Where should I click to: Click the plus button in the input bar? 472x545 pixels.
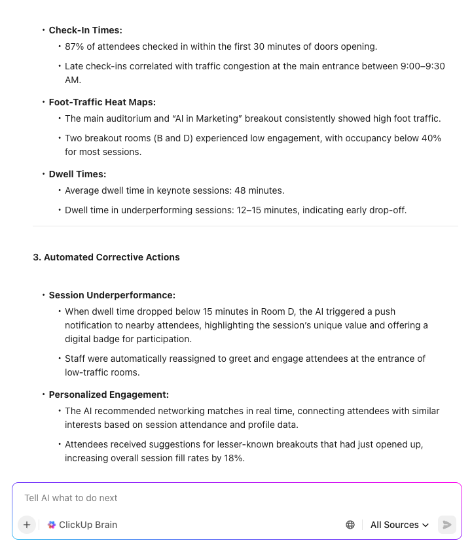[27, 525]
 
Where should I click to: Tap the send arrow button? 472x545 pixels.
[447, 525]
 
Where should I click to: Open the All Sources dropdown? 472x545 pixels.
[399, 525]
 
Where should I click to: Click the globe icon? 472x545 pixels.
[350, 525]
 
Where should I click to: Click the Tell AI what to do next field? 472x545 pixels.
[196, 498]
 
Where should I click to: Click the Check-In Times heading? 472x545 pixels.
[85, 30]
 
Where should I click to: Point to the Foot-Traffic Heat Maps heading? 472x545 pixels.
[102, 102]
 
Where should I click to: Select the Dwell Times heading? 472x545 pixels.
[77, 174]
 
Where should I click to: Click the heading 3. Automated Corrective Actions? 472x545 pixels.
[106, 257]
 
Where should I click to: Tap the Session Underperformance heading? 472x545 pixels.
[112, 295]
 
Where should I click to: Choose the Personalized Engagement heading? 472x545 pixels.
[109, 395]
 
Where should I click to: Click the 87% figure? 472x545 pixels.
[73, 47]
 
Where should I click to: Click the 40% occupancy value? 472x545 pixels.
[431, 138]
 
